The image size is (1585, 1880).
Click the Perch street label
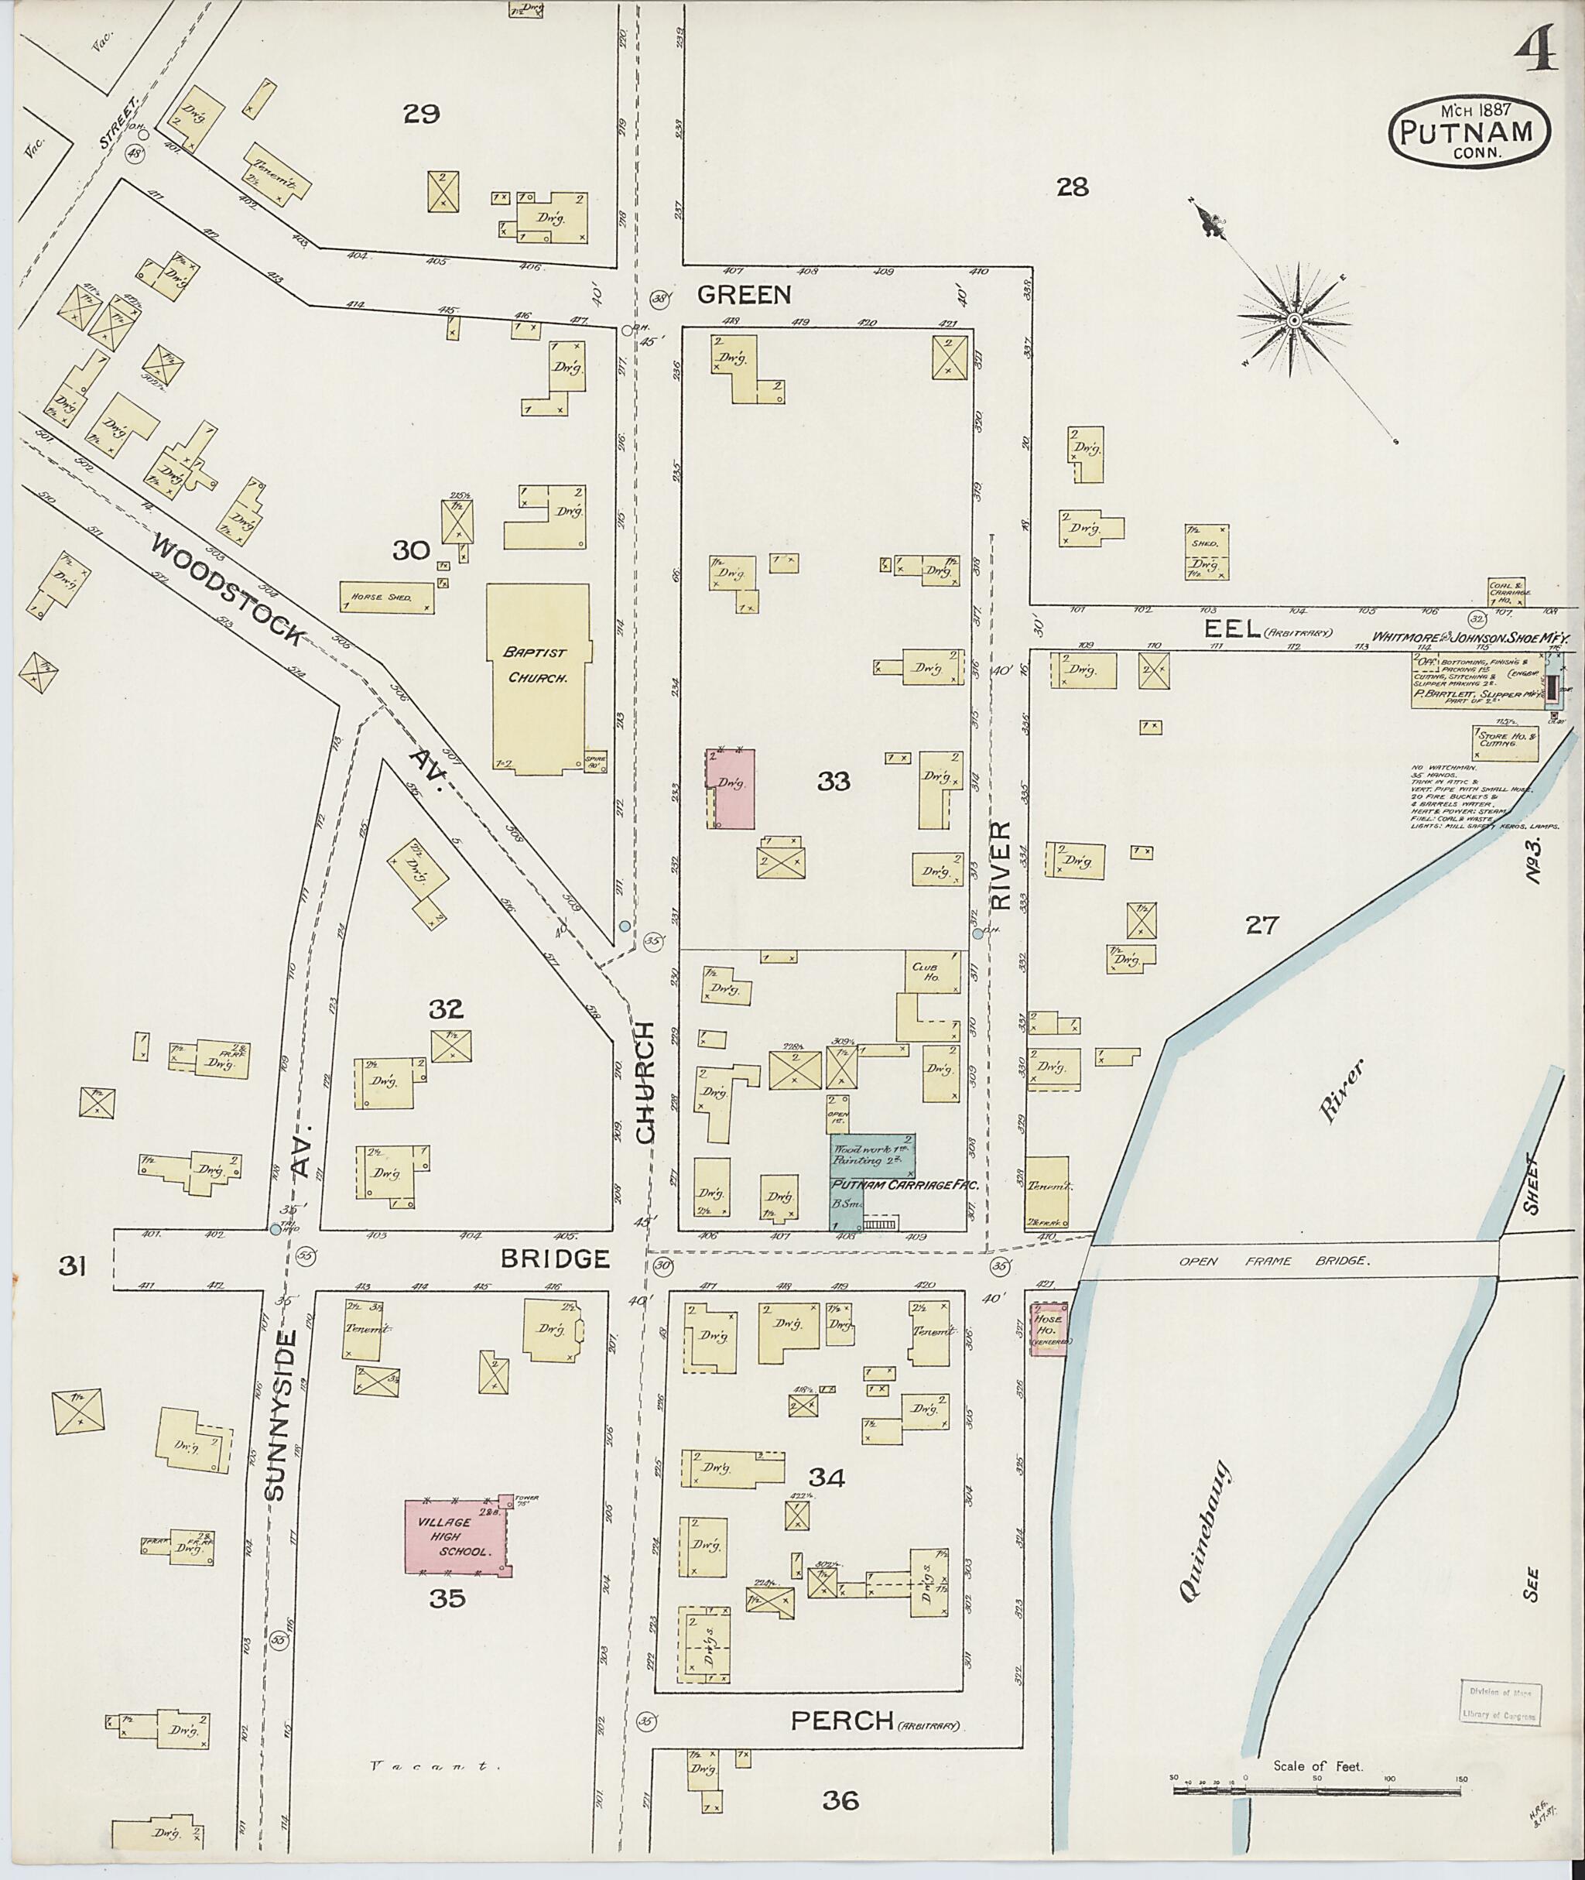pyautogui.click(x=842, y=1720)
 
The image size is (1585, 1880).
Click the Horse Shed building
pyautogui.click(x=387, y=597)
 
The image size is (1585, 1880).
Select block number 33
pyautogui.click(x=833, y=781)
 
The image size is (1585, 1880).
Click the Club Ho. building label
pyautogui.click(x=925, y=971)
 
